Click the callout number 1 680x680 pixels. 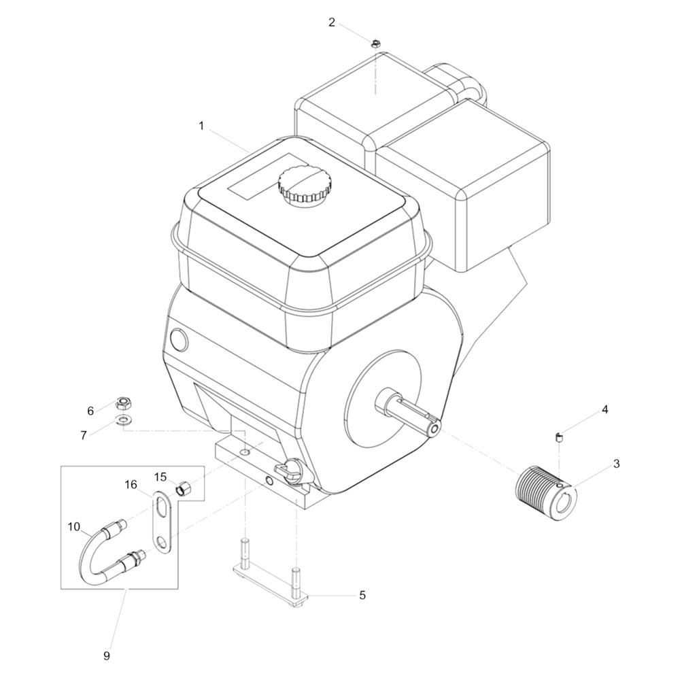click(201, 126)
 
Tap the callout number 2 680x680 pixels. click(332, 22)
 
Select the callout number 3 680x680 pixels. click(616, 464)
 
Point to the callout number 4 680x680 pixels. click(605, 409)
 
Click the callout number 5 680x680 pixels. click(362, 595)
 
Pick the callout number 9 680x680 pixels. click(107, 656)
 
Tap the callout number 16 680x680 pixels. click(131, 484)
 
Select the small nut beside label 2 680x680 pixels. click(375, 44)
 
